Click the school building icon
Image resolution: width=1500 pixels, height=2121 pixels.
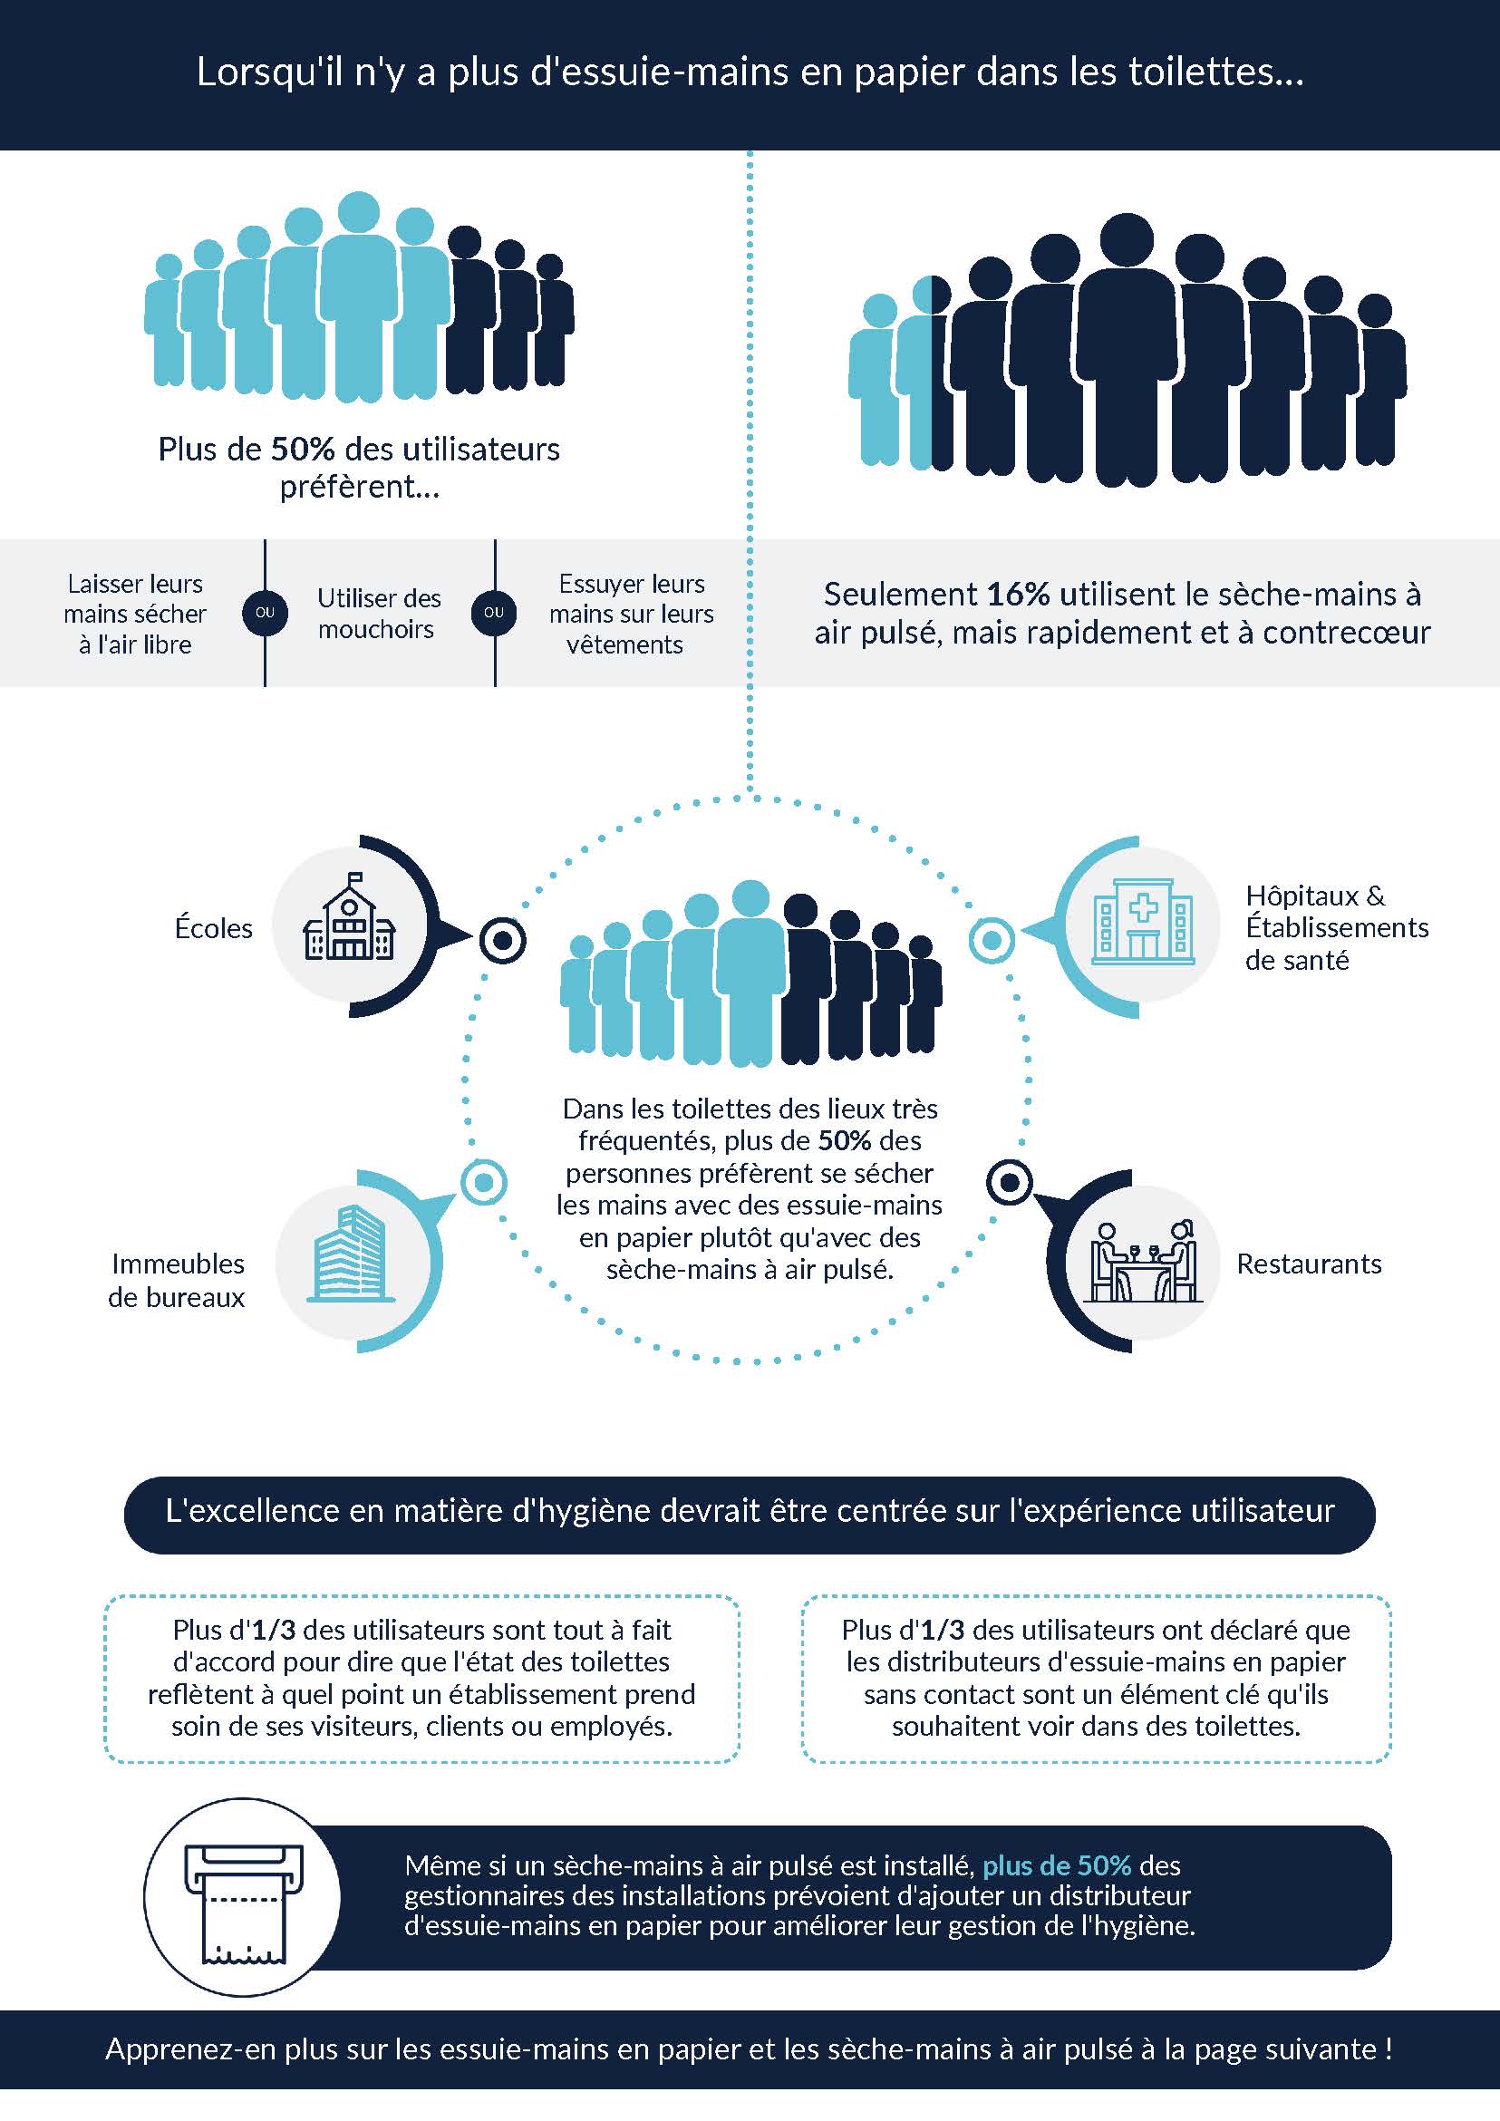click(349, 916)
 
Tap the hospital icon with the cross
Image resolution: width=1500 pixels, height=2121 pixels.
click(1143, 921)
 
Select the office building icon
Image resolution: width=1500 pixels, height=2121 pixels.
click(350, 1254)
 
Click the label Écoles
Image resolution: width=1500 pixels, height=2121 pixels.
click(213, 928)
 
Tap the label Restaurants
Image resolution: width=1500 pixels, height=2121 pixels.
click(1309, 1264)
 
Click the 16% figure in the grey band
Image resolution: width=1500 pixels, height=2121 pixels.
click(1018, 594)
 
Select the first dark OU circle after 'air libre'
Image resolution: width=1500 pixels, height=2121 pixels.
click(265, 613)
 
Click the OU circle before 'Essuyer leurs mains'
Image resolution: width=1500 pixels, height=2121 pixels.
click(494, 613)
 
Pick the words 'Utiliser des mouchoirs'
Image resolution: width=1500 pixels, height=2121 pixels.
click(379, 614)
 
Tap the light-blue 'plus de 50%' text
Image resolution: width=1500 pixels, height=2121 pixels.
click(1057, 1865)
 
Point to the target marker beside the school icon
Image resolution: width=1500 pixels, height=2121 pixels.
click(502, 942)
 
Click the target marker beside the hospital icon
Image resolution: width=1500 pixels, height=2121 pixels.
click(991, 941)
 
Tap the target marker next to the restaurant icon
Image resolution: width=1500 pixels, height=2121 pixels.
click(1010, 1183)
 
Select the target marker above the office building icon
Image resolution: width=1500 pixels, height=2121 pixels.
click(483, 1183)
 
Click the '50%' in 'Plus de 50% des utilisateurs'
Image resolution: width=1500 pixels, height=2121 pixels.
click(302, 449)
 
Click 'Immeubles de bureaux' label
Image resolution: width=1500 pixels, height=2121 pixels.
click(177, 1281)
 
